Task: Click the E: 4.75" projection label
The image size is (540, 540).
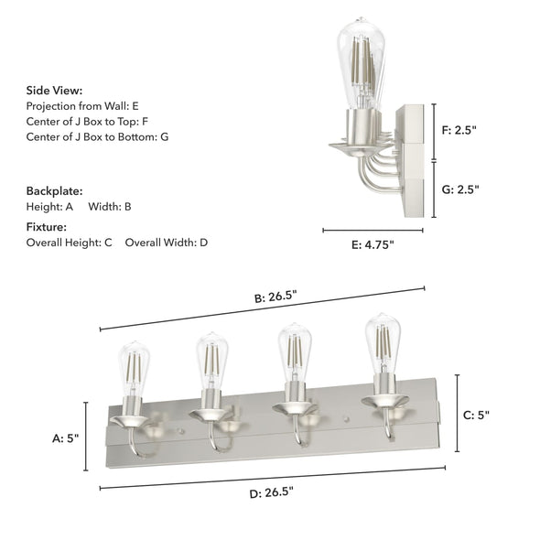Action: (371, 244)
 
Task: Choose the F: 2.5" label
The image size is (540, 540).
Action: (460, 130)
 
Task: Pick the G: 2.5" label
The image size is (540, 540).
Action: (460, 189)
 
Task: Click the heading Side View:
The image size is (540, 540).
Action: (54, 91)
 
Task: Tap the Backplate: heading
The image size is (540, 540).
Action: (54, 191)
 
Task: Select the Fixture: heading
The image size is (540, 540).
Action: (49, 226)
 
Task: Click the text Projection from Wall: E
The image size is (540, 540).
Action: (83, 106)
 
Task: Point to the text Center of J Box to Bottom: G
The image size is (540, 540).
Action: (97, 136)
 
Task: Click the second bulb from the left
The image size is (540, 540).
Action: (211, 360)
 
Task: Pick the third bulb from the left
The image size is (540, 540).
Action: (294, 351)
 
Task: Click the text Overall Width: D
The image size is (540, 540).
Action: (167, 243)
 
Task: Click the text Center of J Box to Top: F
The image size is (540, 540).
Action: (87, 121)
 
